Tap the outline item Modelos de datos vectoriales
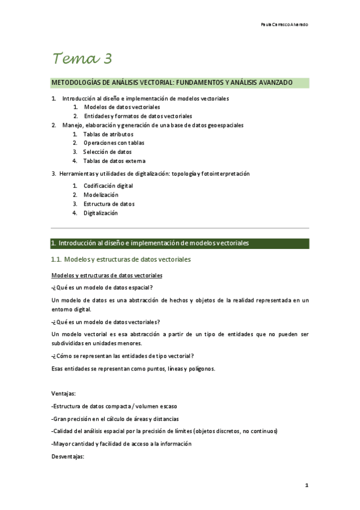(121, 107)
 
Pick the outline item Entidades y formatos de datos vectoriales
(138, 116)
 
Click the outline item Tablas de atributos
(108, 134)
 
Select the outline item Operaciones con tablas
(114, 143)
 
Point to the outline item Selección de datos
(108, 152)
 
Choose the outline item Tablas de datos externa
(114, 161)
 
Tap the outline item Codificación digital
(108, 186)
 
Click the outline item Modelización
(101, 195)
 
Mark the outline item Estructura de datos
(109, 204)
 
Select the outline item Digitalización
(100, 213)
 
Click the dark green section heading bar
(180, 244)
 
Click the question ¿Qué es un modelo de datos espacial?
(102, 287)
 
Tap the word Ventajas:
(64, 393)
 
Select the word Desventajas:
(68, 456)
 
